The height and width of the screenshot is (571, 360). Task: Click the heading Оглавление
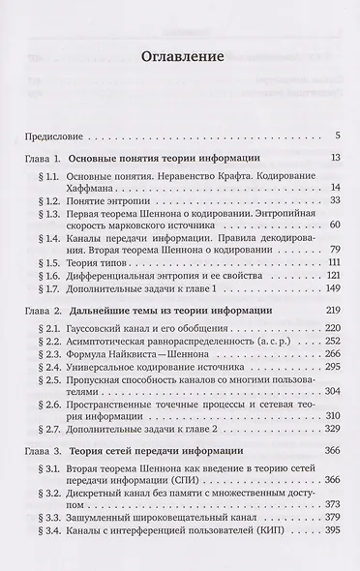pyautogui.click(x=180, y=56)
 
